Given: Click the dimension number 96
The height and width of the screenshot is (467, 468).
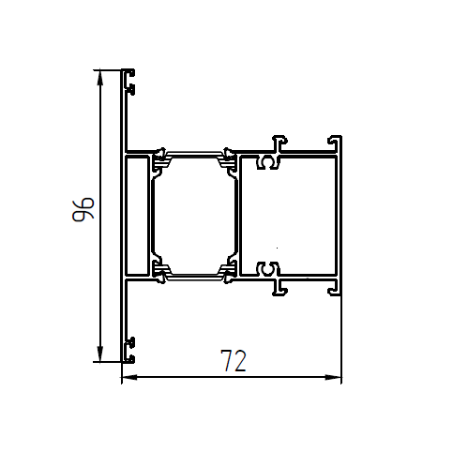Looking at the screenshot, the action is coord(83,209).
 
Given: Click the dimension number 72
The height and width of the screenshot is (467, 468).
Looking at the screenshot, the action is coord(234,360).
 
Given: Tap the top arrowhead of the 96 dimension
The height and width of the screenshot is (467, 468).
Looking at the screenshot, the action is coord(100,78).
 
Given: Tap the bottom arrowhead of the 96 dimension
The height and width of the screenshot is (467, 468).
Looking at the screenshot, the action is coord(100,354).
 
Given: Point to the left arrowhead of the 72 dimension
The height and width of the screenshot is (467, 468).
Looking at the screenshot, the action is coord(129,377).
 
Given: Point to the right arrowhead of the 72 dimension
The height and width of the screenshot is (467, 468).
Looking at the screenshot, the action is coord(334,377).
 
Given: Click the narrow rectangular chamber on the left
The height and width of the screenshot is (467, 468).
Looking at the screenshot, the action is coord(137,217).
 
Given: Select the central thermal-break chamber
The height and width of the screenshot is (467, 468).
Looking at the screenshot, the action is coord(193,217).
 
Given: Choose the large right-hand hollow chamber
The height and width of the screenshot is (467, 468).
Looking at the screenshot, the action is coord(289,217).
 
